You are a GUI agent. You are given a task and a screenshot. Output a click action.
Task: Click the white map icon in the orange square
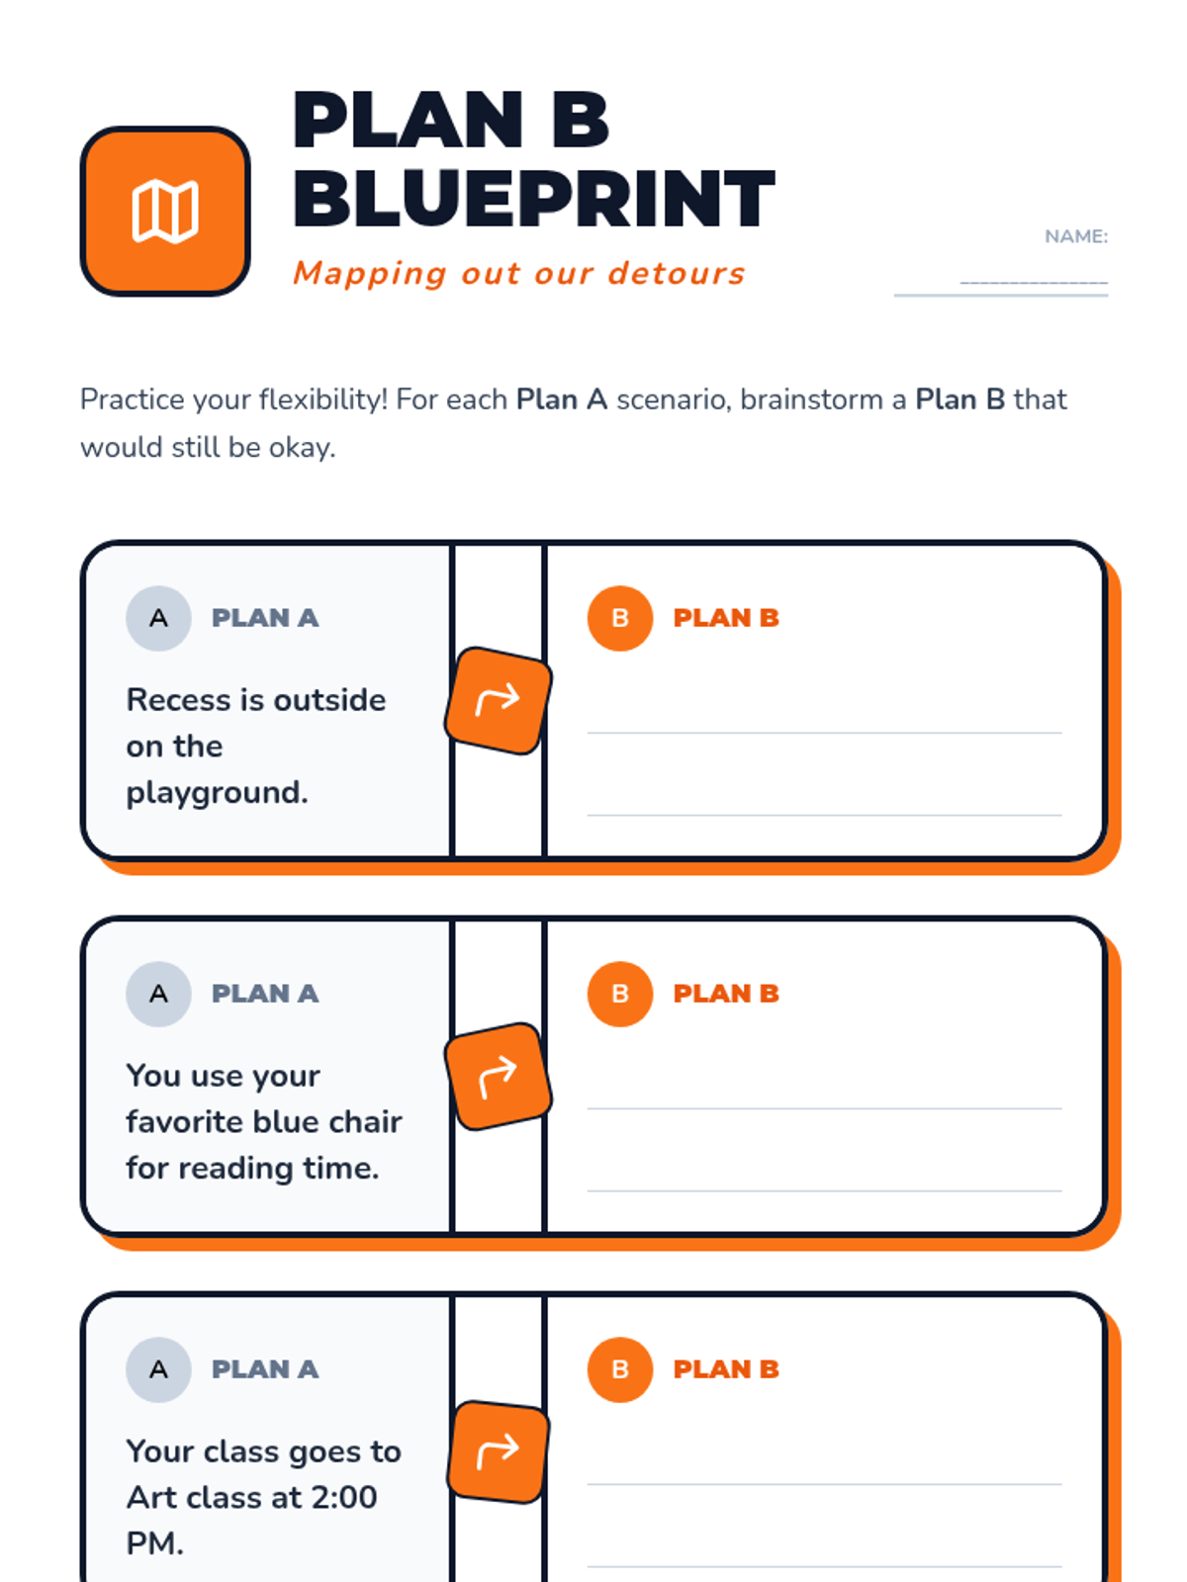pos(165,212)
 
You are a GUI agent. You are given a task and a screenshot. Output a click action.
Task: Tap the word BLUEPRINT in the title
pos(533,198)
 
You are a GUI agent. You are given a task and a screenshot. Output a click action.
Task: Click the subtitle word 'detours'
pos(676,273)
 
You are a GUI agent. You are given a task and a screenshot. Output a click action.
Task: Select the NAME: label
pos(1075,236)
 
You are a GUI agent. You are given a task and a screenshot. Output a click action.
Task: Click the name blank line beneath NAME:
pos(1000,294)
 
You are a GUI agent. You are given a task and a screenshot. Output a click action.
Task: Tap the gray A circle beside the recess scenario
pos(158,618)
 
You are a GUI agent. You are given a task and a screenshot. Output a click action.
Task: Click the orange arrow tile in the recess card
pos(498,700)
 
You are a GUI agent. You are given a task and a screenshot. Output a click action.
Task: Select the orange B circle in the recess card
pos(620,618)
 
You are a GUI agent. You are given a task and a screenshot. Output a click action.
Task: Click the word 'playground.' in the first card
pos(217,793)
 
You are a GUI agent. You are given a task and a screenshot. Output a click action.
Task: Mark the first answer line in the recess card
pos(824,733)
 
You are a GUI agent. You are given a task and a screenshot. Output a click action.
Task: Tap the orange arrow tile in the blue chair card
pos(498,1076)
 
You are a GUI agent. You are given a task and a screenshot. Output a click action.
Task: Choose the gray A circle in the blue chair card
pos(158,993)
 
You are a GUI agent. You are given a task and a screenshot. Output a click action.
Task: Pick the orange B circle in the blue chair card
pos(620,993)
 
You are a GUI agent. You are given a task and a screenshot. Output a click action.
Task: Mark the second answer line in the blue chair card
pos(824,1190)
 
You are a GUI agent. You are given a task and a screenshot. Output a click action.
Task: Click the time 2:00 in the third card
pos(344,1497)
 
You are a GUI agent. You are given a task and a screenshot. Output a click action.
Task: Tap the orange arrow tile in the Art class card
pos(498,1450)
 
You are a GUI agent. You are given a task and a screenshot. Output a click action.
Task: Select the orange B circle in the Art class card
pos(620,1368)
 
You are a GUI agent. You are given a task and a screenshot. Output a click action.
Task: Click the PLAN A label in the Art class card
pos(264,1368)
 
